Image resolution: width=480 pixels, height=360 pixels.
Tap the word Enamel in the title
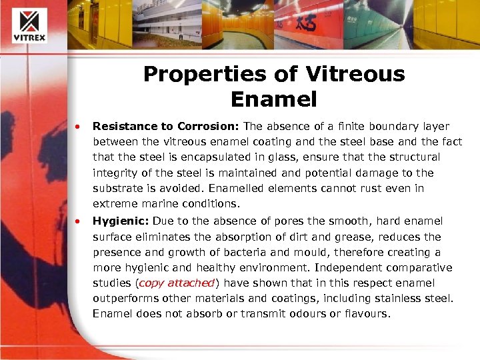coord(273,99)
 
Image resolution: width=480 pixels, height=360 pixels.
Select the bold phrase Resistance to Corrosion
coord(167,126)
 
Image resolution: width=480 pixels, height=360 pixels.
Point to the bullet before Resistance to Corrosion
coord(78,126)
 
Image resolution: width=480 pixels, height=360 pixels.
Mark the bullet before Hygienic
coord(78,221)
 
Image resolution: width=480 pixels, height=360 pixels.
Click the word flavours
coord(363,313)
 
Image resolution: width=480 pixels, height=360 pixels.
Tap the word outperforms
coord(125,299)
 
